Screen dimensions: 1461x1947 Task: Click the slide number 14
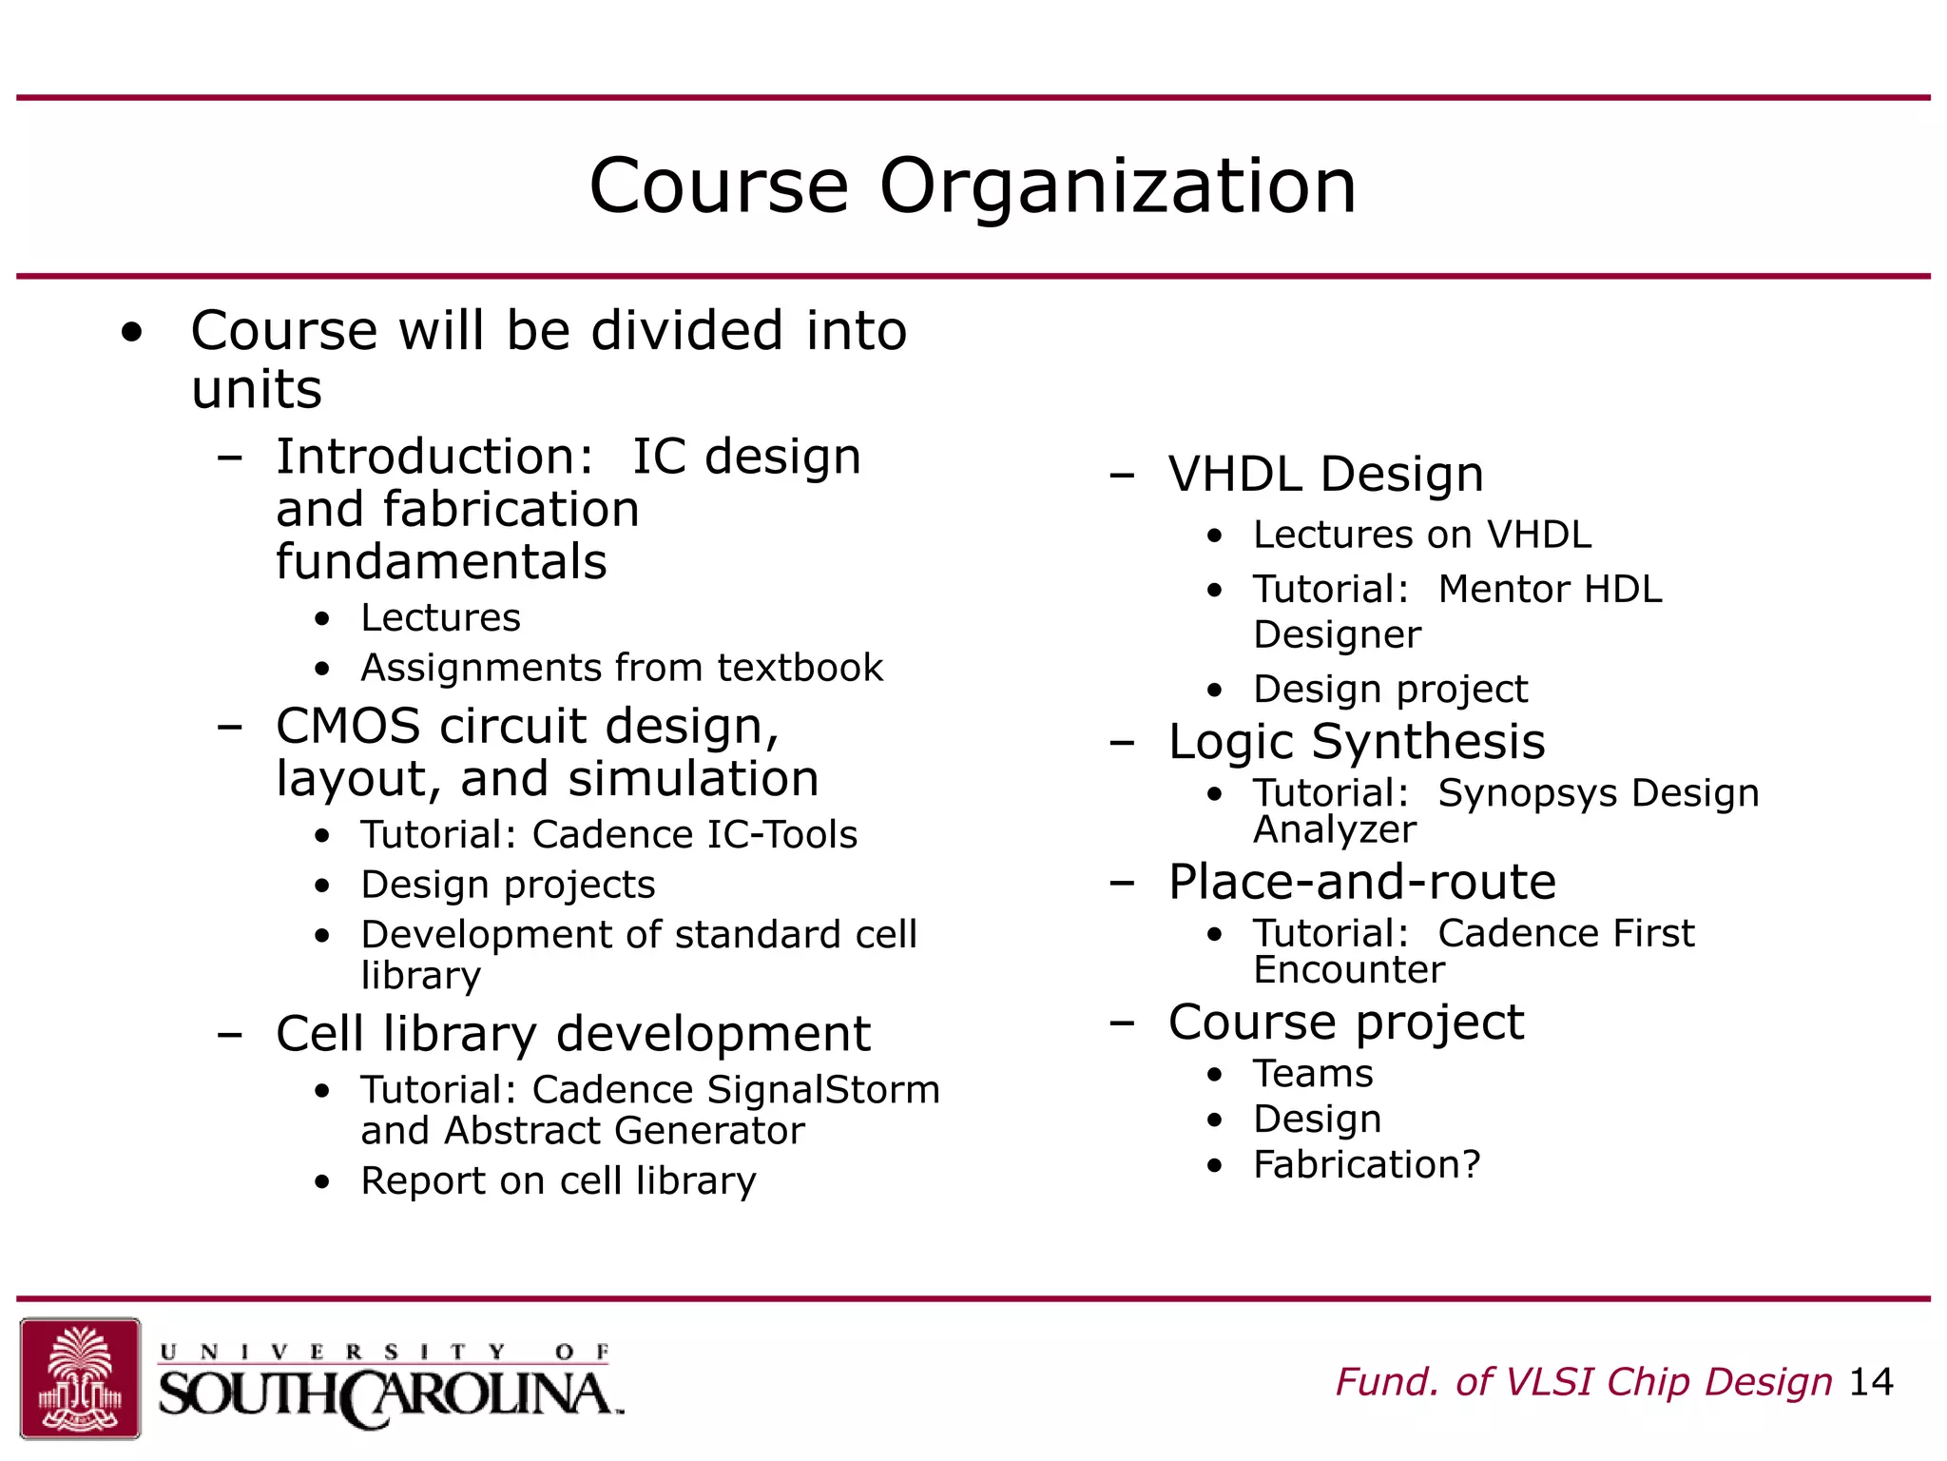coord(1871,1382)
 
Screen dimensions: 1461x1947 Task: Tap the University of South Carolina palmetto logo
coord(81,1377)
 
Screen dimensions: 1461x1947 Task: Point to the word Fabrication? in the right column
coord(1366,1164)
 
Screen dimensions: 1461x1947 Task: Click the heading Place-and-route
coord(1361,882)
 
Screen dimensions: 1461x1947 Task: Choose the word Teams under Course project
coord(1313,1074)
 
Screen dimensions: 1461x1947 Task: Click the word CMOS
coord(348,727)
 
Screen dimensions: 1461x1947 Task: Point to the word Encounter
coord(1348,970)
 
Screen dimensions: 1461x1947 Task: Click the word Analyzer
coord(1334,830)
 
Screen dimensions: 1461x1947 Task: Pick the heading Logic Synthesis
coord(1356,742)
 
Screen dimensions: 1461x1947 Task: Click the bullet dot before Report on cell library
coord(323,1182)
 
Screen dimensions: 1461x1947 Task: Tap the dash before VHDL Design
coord(1122,474)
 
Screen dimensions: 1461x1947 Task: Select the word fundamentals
coord(441,562)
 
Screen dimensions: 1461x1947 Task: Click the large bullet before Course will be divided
coord(132,333)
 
